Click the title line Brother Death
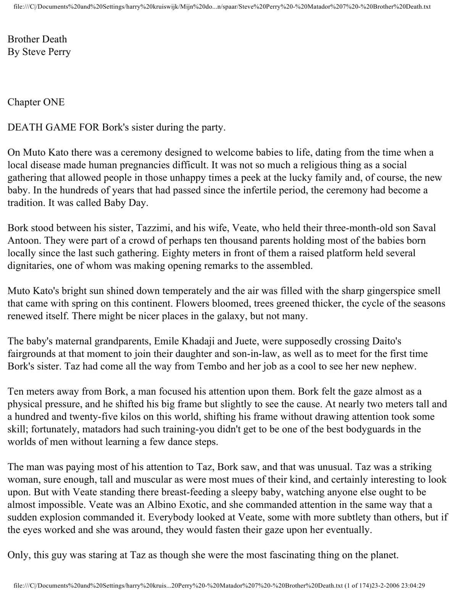(x=37, y=39)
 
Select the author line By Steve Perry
(x=39, y=52)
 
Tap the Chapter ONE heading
(x=36, y=102)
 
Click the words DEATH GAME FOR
(x=53, y=128)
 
